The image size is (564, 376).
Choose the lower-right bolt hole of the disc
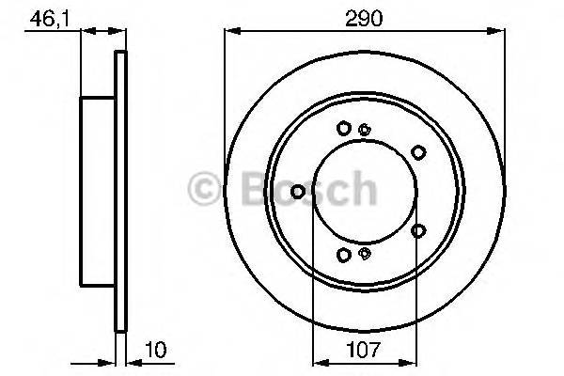tap(418, 229)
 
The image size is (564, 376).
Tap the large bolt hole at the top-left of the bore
tap(344, 128)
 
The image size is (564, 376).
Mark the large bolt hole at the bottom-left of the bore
tap(344, 254)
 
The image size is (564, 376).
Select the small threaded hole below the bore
tap(365, 252)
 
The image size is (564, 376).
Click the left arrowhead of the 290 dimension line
tap(227, 31)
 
